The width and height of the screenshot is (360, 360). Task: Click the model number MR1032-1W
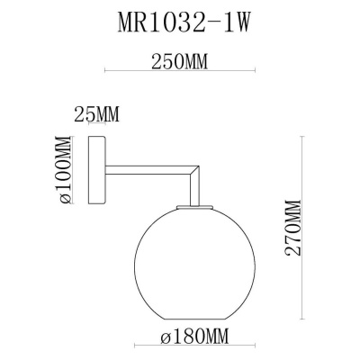[180, 21]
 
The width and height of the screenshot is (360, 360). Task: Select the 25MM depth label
[97, 115]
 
